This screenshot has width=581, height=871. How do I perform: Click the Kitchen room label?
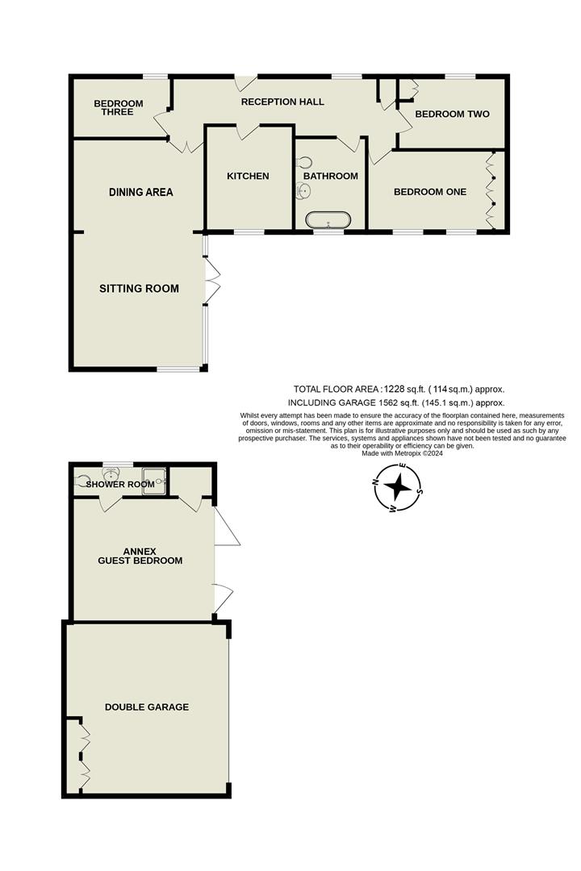coord(248,176)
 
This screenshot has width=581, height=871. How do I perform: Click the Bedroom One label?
coord(429,192)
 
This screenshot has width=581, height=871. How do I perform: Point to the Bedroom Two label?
coord(452,115)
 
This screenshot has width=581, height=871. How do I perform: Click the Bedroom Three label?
coord(118,107)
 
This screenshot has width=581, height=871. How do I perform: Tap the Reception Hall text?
coord(282,102)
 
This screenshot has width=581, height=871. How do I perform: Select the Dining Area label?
coord(141,192)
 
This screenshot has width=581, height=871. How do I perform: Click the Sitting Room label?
coord(139,289)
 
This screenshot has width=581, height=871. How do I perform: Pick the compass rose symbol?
coord(399,488)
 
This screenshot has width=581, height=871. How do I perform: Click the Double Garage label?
coord(147,707)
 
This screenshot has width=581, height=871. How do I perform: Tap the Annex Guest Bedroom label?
coord(140,556)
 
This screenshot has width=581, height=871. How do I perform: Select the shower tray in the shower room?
coord(154,479)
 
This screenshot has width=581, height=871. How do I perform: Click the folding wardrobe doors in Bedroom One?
coord(489,191)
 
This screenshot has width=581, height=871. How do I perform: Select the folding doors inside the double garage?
coord(83,756)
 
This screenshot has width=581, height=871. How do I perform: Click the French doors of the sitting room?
coord(211,281)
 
